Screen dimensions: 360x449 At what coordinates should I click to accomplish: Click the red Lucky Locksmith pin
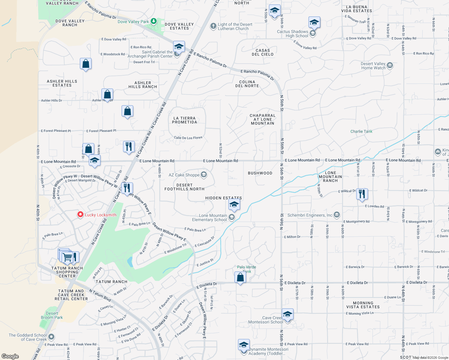pyautogui.click(x=80, y=214)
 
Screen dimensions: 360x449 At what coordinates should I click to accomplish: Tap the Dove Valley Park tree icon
pyautogui.click(x=154, y=21)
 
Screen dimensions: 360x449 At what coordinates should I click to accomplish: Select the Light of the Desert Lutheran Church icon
pyautogui.click(x=213, y=26)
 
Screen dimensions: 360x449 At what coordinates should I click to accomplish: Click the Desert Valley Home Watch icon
pyautogui.click(x=390, y=65)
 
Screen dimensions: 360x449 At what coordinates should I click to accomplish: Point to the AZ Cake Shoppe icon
pyautogui.click(x=204, y=175)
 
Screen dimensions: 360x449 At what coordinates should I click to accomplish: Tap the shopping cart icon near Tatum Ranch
pyautogui.click(x=68, y=257)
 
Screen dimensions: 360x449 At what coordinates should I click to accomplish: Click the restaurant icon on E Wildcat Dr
pyautogui.click(x=362, y=194)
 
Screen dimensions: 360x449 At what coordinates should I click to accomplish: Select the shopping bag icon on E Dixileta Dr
pyautogui.click(x=240, y=277)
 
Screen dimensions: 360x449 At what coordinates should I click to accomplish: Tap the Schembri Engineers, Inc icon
pyautogui.click(x=337, y=214)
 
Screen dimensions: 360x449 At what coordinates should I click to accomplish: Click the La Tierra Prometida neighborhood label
pyautogui.click(x=185, y=120)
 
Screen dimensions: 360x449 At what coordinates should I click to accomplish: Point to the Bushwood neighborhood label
pyautogui.click(x=260, y=173)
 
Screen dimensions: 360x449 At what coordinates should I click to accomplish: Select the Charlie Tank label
pyautogui.click(x=361, y=131)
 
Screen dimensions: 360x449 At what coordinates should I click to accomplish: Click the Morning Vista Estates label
pyautogui.click(x=363, y=305)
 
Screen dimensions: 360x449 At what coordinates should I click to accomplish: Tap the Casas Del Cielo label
pyautogui.click(x=263, y=52)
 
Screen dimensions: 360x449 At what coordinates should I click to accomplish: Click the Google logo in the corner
pyautogui.click(x=10, y=356)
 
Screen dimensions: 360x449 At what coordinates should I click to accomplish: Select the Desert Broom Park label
pyautogui.click(x=52, y=315)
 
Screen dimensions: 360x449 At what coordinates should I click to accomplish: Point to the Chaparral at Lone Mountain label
pyautogui.click(x=262, y=119)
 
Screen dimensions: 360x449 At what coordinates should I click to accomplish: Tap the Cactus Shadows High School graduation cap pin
pyautogui.click(x=314, y=22)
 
